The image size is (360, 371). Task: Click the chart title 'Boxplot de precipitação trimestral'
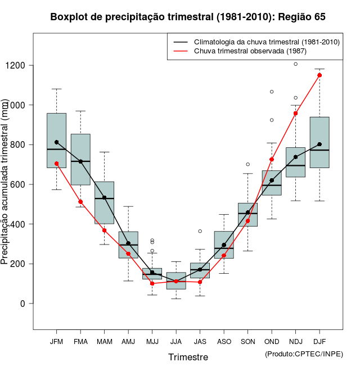pyautogui.click(x=187, y=17)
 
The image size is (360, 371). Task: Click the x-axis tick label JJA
pyautogui.click(x=176, y=341)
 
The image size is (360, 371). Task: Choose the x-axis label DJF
pyautogui.click(x=319, y=341)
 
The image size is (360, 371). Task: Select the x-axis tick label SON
pyautogui.click(x=247, y=341)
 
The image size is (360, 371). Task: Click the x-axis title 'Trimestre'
pyautogui.click(x=188, y=357)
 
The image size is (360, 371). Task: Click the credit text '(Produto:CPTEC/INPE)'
pyautogui.click(x=304, y=354)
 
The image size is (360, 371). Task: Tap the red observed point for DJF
pyautogui.click(x=319, y=75)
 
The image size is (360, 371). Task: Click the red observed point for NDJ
pyautogui.click(x=296, y=113)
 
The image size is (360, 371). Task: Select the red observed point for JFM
pyautogui.click(x=56, y=164)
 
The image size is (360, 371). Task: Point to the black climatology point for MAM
pyautogui.click(x=104, y=198)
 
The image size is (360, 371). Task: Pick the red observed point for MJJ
pyautogui.click(x=152, y=283)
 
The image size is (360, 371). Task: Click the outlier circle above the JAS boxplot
pyautogui.click(x=200, y=231)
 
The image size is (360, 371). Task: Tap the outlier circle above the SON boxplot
pyautogui.click(x=247, y=164)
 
